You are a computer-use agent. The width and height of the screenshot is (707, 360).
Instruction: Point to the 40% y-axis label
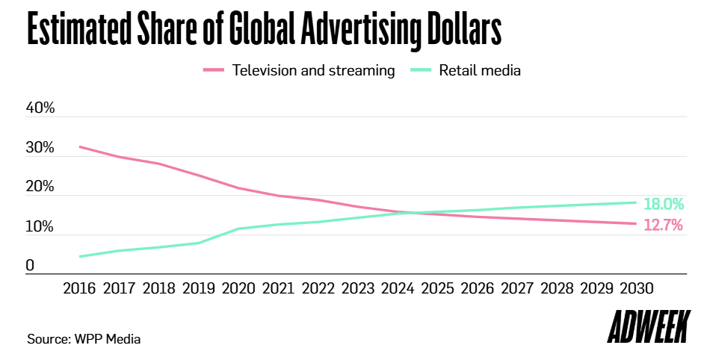pyautogui.click(x=40, y=108)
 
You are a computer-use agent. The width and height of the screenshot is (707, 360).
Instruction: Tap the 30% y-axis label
pyautogui.click(x=40, y=148)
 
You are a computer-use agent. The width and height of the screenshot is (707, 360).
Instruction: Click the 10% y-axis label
pyautogui.click(x=40, y=227)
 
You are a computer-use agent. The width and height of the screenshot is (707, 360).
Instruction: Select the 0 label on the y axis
pyautogui.click(x=30, y=266)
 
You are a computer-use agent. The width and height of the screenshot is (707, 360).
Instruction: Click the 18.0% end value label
pyautogui.click(x=663, y=204)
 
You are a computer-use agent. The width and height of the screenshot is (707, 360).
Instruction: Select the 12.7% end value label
pyautogui.click(x=663, y=225)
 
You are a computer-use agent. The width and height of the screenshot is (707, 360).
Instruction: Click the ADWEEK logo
pyautogui.click(x=648, y=329)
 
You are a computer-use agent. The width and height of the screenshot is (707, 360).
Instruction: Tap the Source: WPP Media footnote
pyautogui.click(x=84, y=339)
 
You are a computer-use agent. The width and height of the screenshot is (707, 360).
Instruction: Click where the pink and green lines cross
pyautogui.click(x=413, y=213)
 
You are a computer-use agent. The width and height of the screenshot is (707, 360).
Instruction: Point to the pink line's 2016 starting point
pyautogui.click(x=80, y=146)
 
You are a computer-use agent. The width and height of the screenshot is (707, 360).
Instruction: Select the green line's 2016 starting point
pyautogui.click(x=80, y=256)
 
